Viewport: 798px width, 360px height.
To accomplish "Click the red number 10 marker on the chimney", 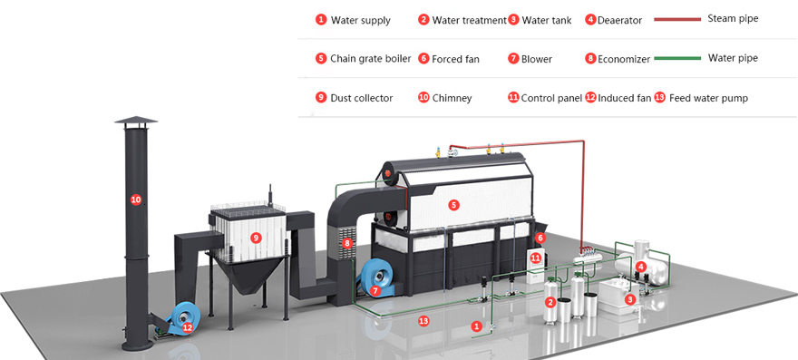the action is coord(136,199).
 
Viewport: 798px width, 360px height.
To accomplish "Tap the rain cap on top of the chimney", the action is coord(136,121).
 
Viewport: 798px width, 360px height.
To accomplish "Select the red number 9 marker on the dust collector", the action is coord(256,237).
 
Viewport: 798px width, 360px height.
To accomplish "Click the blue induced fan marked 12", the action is coord(180,319).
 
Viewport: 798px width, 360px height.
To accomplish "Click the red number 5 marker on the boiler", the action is coord(454,205).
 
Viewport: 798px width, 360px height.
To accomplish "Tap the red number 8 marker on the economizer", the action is coord(347,243).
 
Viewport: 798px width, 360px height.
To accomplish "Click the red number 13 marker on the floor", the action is coord(423,321).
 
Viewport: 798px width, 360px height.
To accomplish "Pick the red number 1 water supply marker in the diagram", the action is coord(476,326).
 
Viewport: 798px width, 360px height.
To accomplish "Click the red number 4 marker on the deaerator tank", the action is coord(641,267).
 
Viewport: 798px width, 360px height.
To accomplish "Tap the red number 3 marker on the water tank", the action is coord(630,299).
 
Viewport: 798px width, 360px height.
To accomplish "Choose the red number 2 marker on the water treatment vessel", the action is coord(550,303).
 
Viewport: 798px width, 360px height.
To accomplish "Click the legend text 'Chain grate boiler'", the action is coord(371,59).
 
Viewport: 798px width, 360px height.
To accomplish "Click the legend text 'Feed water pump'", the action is coord(708,98).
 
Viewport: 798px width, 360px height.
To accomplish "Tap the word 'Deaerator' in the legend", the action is coord(620,20).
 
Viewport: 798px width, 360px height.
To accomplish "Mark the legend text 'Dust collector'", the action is coord(361,98).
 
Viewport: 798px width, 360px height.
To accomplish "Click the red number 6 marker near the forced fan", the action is coord(540,238).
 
